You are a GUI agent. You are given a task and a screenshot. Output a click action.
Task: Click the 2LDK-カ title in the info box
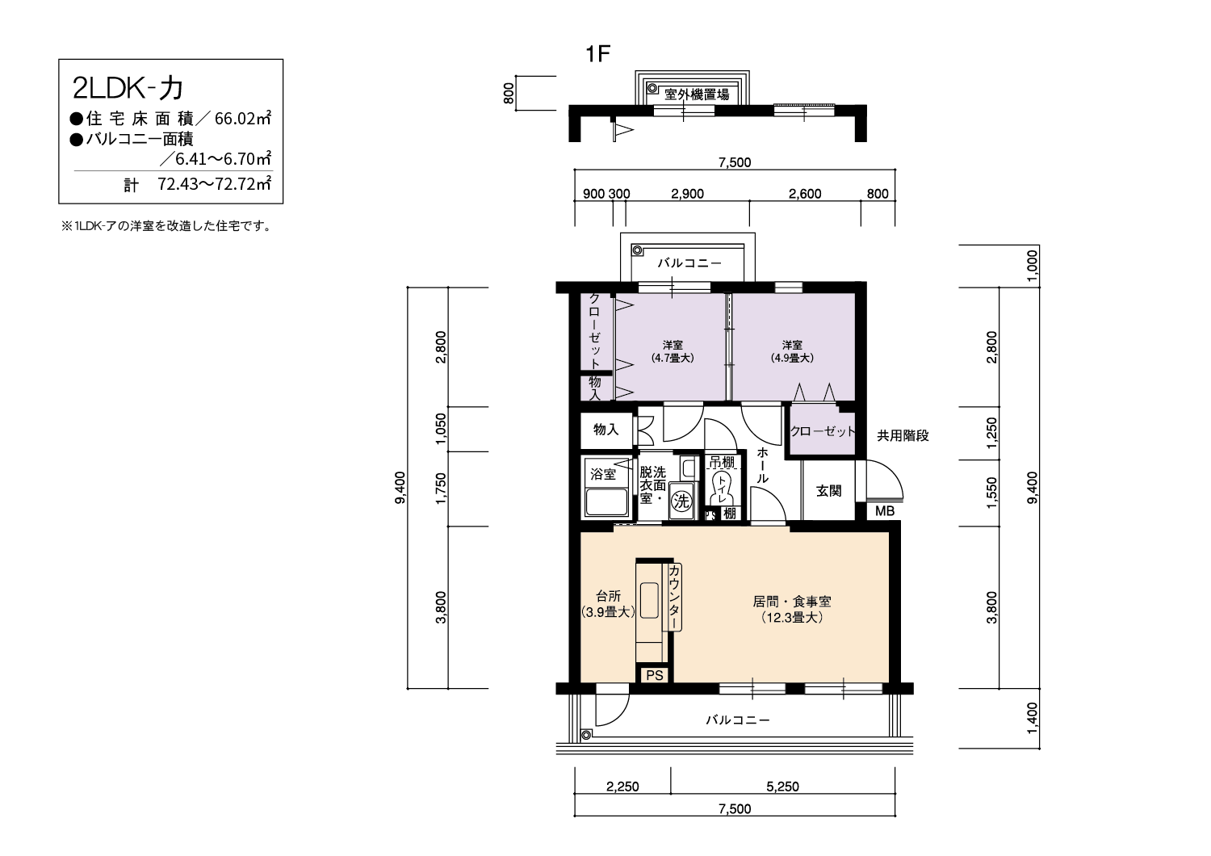128,89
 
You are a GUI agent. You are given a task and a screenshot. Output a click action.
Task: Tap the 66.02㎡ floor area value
243,118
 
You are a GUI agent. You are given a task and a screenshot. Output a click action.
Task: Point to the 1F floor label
598,54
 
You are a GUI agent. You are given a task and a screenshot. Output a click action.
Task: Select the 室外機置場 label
696,94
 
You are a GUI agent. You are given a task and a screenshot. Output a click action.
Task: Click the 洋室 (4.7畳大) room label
673,351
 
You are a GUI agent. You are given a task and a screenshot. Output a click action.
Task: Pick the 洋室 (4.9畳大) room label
792,351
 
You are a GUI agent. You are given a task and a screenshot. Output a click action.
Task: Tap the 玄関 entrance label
829,491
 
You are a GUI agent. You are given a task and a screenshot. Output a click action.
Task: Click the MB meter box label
885,511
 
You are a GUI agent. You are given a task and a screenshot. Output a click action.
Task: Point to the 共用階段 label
903,435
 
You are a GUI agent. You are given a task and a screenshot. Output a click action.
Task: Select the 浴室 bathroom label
603,474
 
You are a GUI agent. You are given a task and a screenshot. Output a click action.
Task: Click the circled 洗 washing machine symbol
681,501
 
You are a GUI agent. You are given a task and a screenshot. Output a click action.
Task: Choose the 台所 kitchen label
608,596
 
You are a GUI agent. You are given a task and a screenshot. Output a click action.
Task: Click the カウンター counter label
675,597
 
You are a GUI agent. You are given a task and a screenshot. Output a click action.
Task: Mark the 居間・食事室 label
792,602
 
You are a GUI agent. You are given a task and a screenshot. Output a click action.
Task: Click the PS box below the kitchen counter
654,675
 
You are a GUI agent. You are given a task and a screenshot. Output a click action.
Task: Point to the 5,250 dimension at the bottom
782,787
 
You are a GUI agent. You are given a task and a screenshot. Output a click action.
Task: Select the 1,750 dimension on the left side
441,489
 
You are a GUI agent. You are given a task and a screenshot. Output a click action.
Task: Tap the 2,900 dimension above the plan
687,194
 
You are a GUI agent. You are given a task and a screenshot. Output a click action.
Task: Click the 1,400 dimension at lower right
1032,718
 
